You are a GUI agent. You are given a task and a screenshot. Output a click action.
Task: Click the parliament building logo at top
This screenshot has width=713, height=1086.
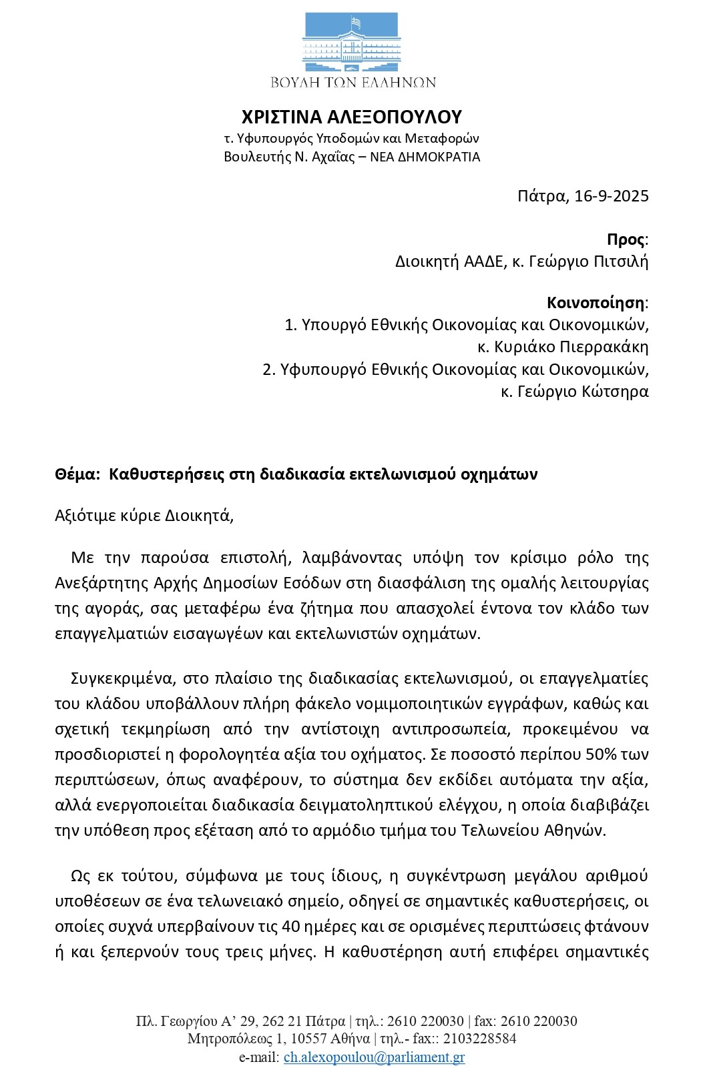[352, 43]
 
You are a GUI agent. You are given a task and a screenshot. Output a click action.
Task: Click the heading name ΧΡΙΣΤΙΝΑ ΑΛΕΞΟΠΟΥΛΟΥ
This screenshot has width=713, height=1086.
[352, 117]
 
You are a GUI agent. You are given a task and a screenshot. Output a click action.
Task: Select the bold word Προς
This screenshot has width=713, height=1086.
[626, 240]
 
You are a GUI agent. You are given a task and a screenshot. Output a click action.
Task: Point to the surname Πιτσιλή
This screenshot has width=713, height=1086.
[621, 261]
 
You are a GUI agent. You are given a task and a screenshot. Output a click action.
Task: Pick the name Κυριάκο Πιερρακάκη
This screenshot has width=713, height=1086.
[570, 348]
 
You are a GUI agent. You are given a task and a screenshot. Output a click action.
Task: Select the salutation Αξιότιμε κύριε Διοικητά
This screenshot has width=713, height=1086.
[144, 516]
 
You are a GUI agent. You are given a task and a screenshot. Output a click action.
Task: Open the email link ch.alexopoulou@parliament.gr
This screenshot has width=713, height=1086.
[374, 1057]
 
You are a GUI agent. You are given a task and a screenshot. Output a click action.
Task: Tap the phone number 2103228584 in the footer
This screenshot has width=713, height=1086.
[480, 1039]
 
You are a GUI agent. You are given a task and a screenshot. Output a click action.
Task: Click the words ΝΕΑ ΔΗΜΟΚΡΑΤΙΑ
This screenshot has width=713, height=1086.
[425, 157]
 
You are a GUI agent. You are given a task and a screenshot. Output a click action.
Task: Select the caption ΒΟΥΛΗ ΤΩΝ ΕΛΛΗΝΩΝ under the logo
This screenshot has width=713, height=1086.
[352, 83]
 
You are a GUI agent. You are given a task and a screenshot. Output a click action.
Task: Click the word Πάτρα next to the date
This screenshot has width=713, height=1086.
[541, 196]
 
